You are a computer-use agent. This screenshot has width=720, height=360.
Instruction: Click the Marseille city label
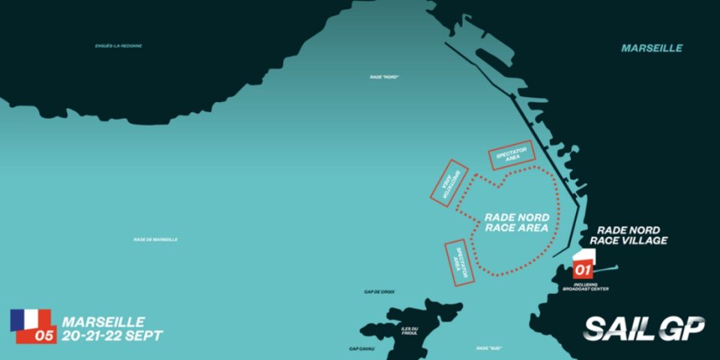tap(652, 48)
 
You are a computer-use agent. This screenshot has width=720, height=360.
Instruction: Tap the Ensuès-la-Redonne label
tap(118, 46)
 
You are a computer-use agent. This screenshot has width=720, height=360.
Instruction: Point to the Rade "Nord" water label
tap(383, 75)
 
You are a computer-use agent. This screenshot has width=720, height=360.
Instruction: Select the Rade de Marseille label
tap(155, 239)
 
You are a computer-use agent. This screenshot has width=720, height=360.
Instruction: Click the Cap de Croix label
tap(379, 292)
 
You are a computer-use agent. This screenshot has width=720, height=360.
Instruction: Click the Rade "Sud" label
tap(488, 348)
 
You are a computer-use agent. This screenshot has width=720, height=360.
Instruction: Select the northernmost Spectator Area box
tap(512, 154)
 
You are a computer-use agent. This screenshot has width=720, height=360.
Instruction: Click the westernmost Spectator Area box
tap(448, 182)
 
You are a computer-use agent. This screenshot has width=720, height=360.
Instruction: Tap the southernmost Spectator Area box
tap(460, 262)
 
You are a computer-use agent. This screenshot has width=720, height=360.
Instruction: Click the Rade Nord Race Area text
tap(517, 222)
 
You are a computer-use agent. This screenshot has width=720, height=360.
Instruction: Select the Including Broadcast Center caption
tap(590, 287)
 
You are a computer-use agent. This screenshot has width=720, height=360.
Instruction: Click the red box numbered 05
tap(45, 336)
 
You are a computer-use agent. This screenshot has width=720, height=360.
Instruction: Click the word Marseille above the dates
tap(103, 321)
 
